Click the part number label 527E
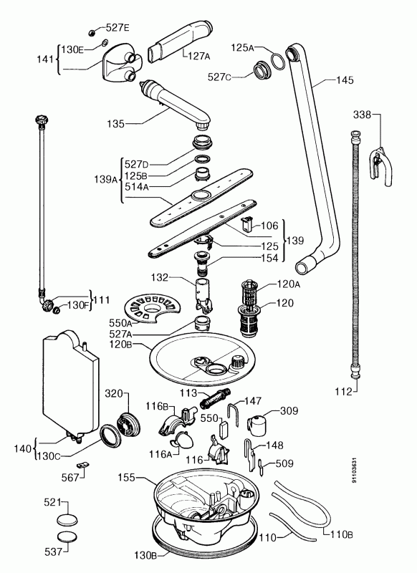(118, 28)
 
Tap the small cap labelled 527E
(92, 33)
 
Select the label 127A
(199, 56)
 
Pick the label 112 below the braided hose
(343, 392)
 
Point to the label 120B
(120, 345)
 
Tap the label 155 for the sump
(126, 477)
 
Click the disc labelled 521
(67, 520)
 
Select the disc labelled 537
(67, 536)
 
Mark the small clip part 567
(82, 465)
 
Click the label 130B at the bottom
(146, 555)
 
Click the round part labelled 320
(129, 424)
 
